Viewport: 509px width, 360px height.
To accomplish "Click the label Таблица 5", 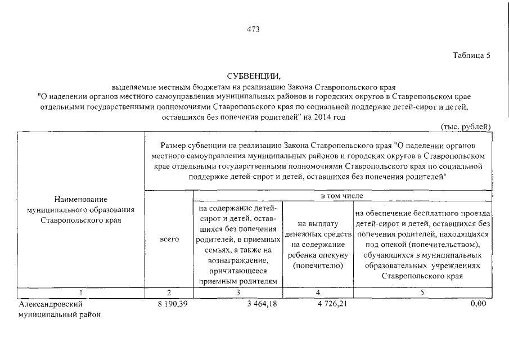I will [x=472, y=56].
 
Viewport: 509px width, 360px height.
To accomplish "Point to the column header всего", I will [x=169, y=239].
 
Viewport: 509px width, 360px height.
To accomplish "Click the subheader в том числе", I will [x=342, y=196].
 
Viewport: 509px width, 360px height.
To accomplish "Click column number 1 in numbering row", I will [x=81, y=292].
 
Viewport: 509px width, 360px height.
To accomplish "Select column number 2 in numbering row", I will [x=169, y=292].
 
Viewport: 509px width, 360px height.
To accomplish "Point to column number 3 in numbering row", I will [x=238, y=292].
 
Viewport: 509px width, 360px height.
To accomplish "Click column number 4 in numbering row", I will [x=318, y=292].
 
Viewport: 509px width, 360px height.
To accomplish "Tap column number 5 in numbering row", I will [x=423, y=292].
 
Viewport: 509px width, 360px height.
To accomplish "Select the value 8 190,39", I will [x=174, y=304].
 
